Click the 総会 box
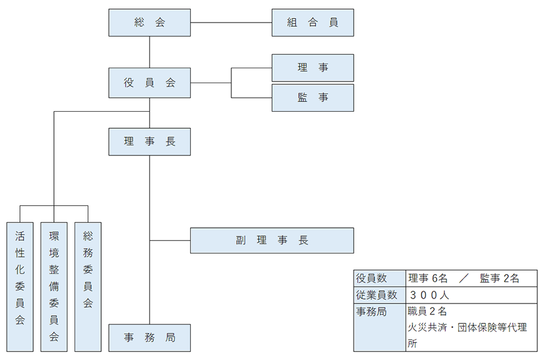(x=150, y=23)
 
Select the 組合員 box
(x=312, y=23)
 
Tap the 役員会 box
(x=150, y=83)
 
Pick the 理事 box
(x=312, y=68)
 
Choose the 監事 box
(x=312, y=98)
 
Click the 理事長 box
(x=150, y=142)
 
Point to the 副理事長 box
(x=272, y=240)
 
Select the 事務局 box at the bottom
(x=150, y=338)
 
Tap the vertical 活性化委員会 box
(x=20, y=287)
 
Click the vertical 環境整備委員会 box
(x=54, y=287)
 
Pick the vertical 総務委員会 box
(x=88, y=287)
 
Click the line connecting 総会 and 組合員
(x=231, y=23)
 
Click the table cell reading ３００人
(x=430, y=295)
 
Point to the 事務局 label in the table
(x=371, y=312)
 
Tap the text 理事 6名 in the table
(x=427, y=279)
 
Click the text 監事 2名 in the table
(x=500, y=279)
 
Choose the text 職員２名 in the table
(x=427, y=312)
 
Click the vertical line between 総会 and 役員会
(x=150, y=52)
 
